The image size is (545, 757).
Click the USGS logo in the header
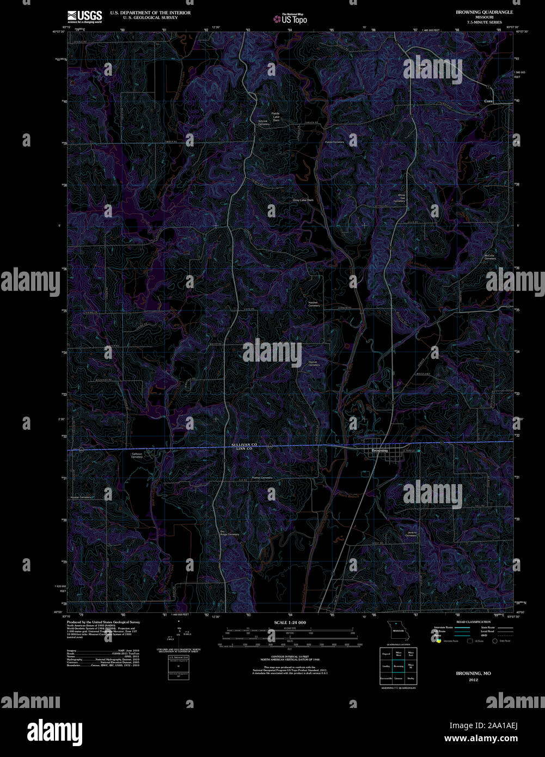click(84, 16)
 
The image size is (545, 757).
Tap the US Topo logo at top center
click(291, 19)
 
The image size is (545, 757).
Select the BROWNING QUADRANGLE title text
click(484, 12)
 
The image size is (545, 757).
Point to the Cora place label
click(488, 101)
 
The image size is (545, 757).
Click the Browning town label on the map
click(379, 450)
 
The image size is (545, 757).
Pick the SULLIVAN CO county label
click(244, 444)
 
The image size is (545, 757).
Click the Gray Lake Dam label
click(303, 200)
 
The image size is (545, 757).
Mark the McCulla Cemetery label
click(490, 257)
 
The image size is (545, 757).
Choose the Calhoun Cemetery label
click(137, 455)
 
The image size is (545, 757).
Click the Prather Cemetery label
click(262, 478)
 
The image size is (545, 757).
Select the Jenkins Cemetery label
click(411, 534)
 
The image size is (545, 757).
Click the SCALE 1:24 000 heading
click(290, 622)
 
